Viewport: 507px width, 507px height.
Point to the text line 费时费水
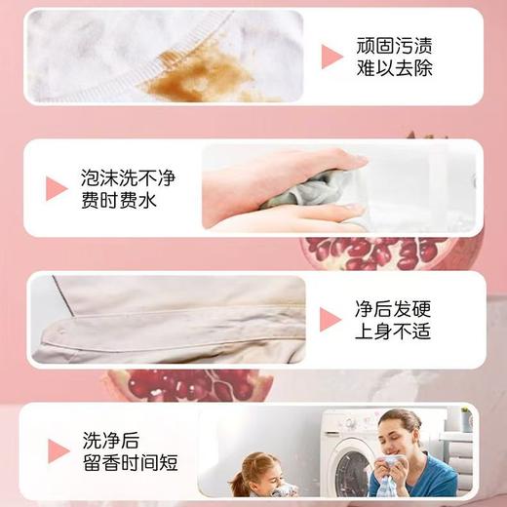coord(119,202)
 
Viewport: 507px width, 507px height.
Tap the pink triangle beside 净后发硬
coord(331,321)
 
